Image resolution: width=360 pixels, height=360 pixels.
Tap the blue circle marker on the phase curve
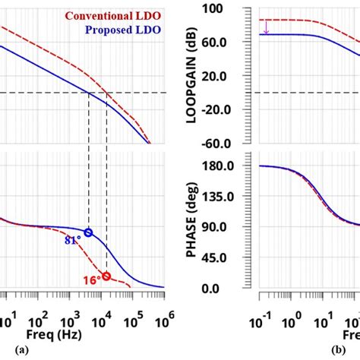(x=88, y=233)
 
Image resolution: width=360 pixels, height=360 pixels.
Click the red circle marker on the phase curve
(x=106, y=276)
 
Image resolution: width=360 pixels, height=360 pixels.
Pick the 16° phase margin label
(x=92, y=280)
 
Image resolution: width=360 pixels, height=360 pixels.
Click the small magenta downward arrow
(x=267, y=27)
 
